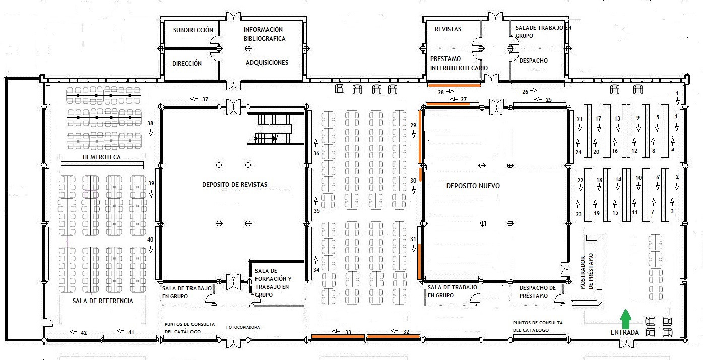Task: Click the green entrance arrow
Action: [x=626, y=318]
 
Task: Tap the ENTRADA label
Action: [x=624, y=332]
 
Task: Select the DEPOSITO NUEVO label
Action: [x=473, y=186]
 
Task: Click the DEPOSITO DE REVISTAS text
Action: [x=234, y=185]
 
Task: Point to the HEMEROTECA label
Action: [x=101, y=157]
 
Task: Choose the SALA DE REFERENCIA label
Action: [x=103, y=301]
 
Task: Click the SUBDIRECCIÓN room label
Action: [x=193, y=30]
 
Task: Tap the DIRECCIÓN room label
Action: [x=187, y=64]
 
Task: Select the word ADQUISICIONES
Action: [x=267, y=63]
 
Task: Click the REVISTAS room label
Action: [x=448, y=29]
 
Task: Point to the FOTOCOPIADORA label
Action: [x=243, y=327]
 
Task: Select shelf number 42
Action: [x=84, y=333]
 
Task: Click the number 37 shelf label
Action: [x=205, y=99]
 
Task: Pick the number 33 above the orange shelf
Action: [x=348, y=332]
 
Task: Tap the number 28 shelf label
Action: [x=441, y=92]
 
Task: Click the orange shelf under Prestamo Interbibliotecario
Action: [x=454, y=85]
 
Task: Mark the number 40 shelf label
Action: [x=150, y=239]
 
